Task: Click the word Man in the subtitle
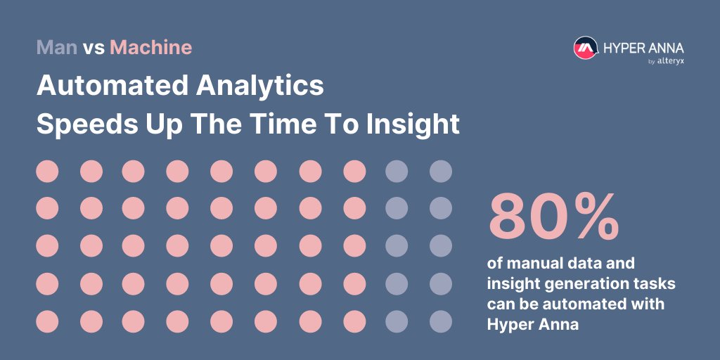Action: pyautogui.click(x=57, y=48)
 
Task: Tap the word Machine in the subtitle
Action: pyautogui.click(x=150, y=48)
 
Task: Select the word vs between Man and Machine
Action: pyautogui.click(x=94, y=49)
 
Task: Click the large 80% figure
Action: pyautogui.click(x=554, y=216)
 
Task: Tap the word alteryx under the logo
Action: pyautogui.click(x=671, y=61)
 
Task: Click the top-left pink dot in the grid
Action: pyautogui.click(x=47, y=171)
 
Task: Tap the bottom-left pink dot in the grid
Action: pyautogui.click(x=47, y=321)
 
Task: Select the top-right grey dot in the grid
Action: pyautogui.click(x=441, y=171)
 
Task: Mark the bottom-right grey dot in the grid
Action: pyautogui.click(x=441, y=321)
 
